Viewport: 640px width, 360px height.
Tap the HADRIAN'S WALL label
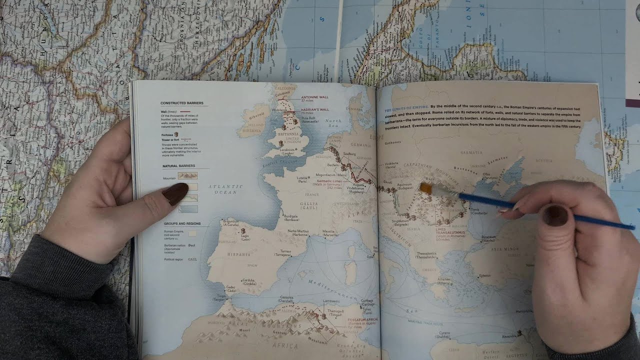315,109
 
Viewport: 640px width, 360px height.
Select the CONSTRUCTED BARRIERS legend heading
181,103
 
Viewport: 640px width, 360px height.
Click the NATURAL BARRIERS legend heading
178,166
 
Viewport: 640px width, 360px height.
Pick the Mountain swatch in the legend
187,176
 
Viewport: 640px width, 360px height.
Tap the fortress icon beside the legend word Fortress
176,134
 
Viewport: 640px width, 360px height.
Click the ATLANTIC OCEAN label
225,189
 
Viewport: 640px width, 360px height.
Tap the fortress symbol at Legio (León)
243,231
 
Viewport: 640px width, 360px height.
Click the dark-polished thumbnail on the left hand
175,194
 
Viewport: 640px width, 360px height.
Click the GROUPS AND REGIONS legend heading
182,224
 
